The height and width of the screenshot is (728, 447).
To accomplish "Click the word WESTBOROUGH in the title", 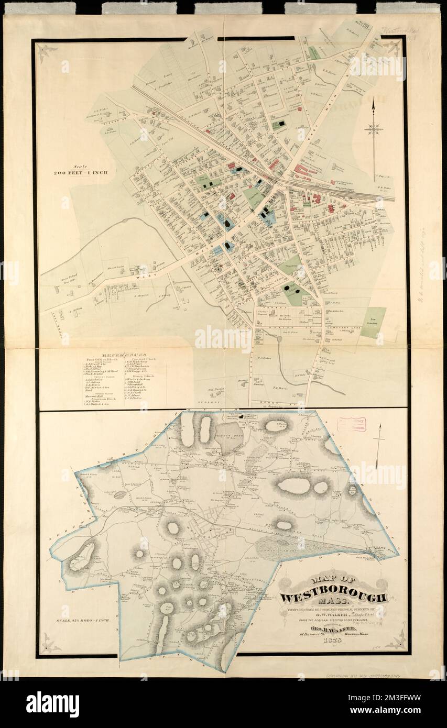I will [333, 598].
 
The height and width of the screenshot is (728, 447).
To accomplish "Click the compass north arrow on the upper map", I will [374, 128].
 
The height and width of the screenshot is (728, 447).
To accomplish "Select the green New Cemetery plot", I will [373, 322].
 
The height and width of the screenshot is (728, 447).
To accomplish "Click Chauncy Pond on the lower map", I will [229, 436].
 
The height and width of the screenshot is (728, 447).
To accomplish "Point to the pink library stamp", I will [351, 424].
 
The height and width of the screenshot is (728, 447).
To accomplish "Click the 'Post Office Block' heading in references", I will [103, 360].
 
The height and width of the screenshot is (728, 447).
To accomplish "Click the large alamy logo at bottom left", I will [52, 704].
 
